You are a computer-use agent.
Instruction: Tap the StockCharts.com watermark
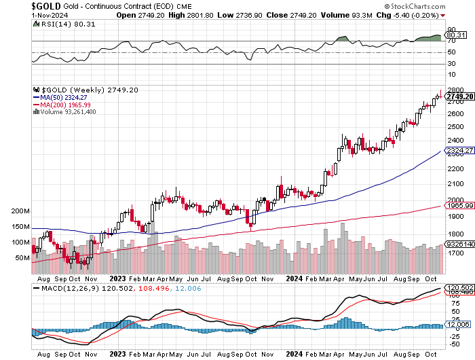tap(438, 5)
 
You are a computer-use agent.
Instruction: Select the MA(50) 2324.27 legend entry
tap(65, 97)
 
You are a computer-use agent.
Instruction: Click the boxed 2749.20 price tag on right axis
tap(459, 96)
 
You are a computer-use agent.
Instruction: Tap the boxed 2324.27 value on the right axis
tap(457, 149)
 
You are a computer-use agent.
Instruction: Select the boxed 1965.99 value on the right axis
tap(457, 205)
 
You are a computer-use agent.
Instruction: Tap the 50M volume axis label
tap(22, 258)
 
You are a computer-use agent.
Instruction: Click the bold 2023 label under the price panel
tap(118, 278)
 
